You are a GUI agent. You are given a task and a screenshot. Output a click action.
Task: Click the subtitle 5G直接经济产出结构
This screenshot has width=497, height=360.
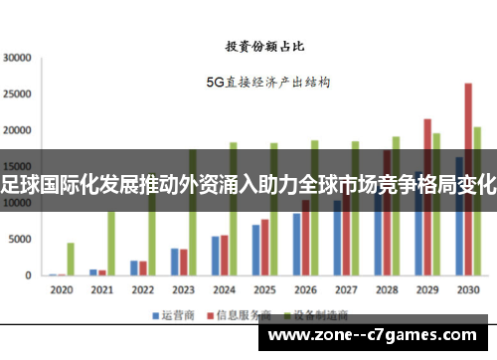pyautogui.click(x=267, y=82)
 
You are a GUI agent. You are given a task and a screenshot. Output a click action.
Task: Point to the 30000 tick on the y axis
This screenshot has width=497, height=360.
pyautogui.click(x=17, y=58)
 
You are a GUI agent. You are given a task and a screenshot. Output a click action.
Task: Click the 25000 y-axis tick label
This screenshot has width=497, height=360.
pyautogui.click(x=17, y=94)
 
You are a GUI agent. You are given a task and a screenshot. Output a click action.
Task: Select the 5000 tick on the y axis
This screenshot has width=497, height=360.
pyautogui.click(x=20, y=240)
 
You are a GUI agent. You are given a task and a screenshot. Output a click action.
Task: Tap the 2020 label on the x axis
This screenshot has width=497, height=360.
pyautogui.click(x=61, y=289)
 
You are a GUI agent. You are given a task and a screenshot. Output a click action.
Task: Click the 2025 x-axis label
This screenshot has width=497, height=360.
pyautogui.click(x=263, y=289)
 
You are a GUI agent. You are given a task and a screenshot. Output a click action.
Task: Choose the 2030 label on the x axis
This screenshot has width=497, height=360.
pyautogui.click(x=467, y=289)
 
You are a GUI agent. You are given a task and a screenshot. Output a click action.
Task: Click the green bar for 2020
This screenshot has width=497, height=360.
pyautogui.click(x=71, y=259)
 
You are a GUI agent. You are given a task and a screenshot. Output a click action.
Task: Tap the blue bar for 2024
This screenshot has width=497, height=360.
pyautogui.click(x=215, y=256)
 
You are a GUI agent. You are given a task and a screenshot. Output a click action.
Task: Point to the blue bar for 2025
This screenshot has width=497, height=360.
pyautogui.click(x=255, y=250)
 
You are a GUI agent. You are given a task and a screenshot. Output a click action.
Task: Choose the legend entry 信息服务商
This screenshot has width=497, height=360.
pyautogui.click(x=236, y=315)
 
